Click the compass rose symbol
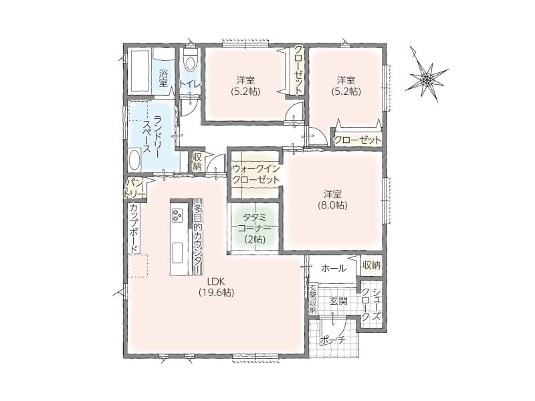click(x=427, y=80)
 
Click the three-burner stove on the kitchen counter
click(x=177, y=215)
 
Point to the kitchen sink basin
click(x=177, y=253)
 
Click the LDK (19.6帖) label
click(x=215, y=287)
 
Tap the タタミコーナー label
click(x=255, y=229)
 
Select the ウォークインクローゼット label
click(x=256, y=174)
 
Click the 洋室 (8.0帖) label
click(x=332, y=199)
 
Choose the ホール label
click(x=333, y=269)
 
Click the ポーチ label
click(x=332, y=340)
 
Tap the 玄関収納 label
click(x=313, y=298)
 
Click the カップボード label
click(x=134, y=228)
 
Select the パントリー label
click(x=135, y=188)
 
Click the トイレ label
click(x=191, y=84)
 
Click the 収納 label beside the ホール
click(x=371, y=265)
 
